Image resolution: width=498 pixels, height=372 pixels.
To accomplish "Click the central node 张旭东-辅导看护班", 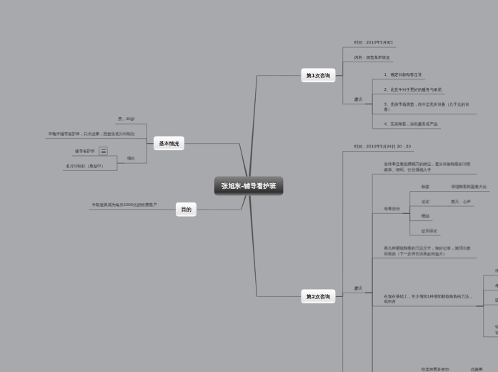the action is point(249,186).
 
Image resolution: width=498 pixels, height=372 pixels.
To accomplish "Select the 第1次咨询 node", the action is point(318,75).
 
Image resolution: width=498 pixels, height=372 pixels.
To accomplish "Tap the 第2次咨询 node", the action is point(318,296).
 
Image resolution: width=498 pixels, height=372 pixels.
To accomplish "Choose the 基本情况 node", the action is point(169,143).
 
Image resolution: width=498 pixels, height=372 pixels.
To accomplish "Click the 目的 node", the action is point(186,210).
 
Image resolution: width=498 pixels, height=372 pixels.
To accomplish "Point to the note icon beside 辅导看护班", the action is point(104,151).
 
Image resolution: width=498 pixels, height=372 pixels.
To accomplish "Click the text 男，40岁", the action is point(126,119).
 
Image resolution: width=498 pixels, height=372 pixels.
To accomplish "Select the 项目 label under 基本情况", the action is point(131,158).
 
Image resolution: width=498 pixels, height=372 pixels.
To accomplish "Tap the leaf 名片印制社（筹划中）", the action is point(84,166).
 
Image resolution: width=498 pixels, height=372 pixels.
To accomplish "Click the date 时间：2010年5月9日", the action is point(373,42).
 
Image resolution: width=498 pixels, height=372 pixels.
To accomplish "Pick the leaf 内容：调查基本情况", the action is point(372,57).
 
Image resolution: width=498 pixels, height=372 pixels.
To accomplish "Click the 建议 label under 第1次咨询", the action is point(358,99).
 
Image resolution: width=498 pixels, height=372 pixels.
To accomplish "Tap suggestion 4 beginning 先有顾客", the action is point(410,124).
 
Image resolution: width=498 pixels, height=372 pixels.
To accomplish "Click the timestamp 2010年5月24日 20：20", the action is point(382,146).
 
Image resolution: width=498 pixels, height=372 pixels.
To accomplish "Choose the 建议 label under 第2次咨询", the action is point(358,288).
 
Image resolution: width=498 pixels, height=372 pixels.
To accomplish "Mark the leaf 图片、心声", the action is point(460,202).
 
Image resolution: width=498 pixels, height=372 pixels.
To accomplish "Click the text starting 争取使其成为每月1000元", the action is point(124,205).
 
